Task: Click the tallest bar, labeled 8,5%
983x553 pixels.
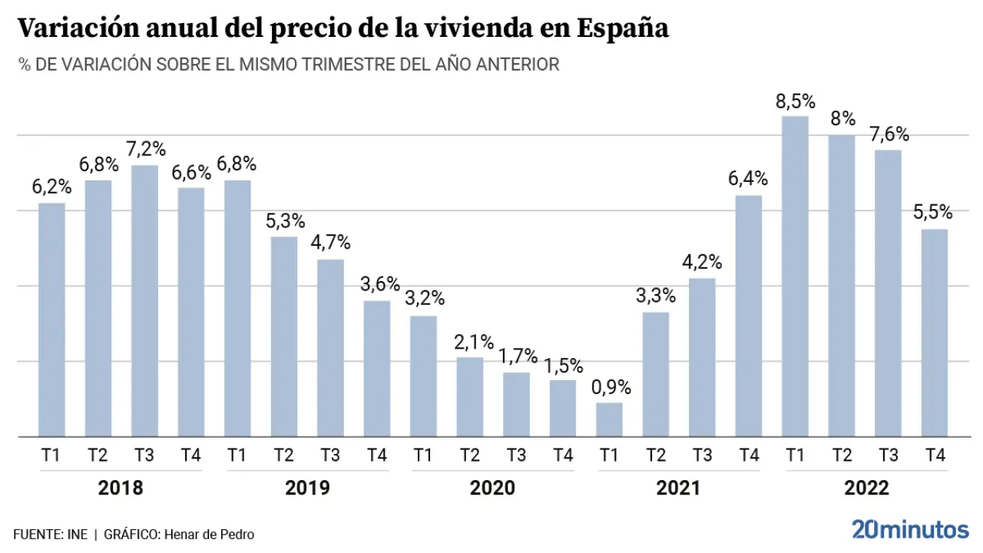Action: pyautogui.click(x=795, y=276)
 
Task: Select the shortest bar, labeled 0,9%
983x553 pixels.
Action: pyautogui.click(x=609, y=419)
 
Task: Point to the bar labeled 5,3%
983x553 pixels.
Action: pyautogui.click(x=284, y=336)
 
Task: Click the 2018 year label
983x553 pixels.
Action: pyautogui.click(x=121, y=488)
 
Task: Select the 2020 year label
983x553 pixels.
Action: pyautogui.click(x=492, y=488)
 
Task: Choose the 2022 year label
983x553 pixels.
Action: pyautogui.click(x=866, y=488)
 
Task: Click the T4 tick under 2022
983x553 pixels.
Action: pyautogui.click(x=935, y=455)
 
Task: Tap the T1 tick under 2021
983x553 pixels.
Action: pyautogui.click(x=609, y=455)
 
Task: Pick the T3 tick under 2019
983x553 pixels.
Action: pyautogui.click(x=330, y=455)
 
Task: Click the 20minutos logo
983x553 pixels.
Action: pyautogui.click(x=910, y=529)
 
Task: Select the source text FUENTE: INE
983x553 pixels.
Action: pyautogui.click(x=50, y=535)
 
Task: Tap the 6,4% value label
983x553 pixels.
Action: pyautogui.click(x=749, y=179)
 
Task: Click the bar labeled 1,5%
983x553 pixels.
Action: pyautogui.click(x=563, y=408)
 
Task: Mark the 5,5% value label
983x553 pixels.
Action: pyautogui.click(x=933, y=212)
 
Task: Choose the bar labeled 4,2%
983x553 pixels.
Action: pyautogui.click(x=702, y=357)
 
